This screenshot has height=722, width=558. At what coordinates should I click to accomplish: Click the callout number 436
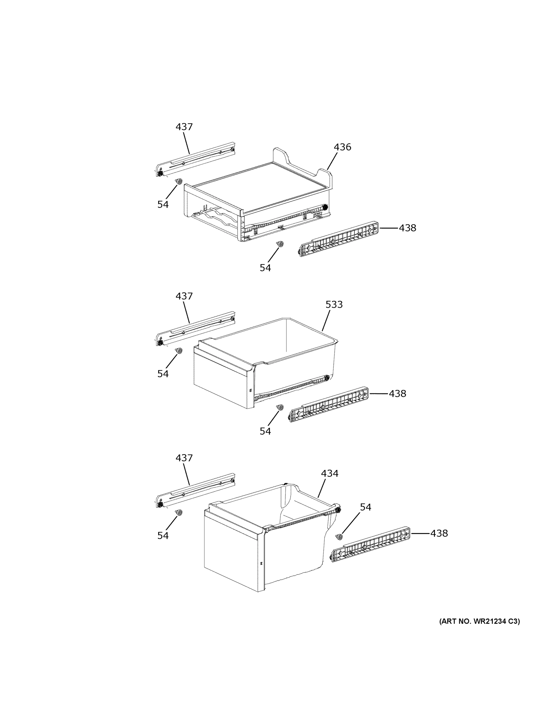[342, 147]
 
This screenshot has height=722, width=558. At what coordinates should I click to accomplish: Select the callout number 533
[334, 304]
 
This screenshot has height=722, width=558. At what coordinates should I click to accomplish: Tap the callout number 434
[330, 474]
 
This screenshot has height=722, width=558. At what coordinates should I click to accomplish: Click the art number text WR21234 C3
[479, 621]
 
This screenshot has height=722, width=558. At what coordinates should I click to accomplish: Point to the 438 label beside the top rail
[407, 228]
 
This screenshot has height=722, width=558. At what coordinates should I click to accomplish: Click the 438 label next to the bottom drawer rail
[439, 533]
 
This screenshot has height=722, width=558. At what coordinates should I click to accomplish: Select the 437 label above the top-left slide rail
[184, 127]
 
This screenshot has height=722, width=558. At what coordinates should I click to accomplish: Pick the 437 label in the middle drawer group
[184, 296]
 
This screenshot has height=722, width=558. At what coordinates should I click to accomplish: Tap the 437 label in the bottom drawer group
[184, 458]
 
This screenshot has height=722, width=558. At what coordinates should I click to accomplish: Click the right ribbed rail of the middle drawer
[329, 404]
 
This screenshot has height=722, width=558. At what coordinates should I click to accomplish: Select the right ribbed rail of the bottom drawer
[370, 545]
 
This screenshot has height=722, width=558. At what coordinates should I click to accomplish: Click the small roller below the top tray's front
[280, 244]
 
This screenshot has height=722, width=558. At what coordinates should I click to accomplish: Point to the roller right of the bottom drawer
[339, 537]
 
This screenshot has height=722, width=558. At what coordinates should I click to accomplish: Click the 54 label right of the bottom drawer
[365, 507]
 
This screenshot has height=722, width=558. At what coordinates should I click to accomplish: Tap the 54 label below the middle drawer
[265, 431]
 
